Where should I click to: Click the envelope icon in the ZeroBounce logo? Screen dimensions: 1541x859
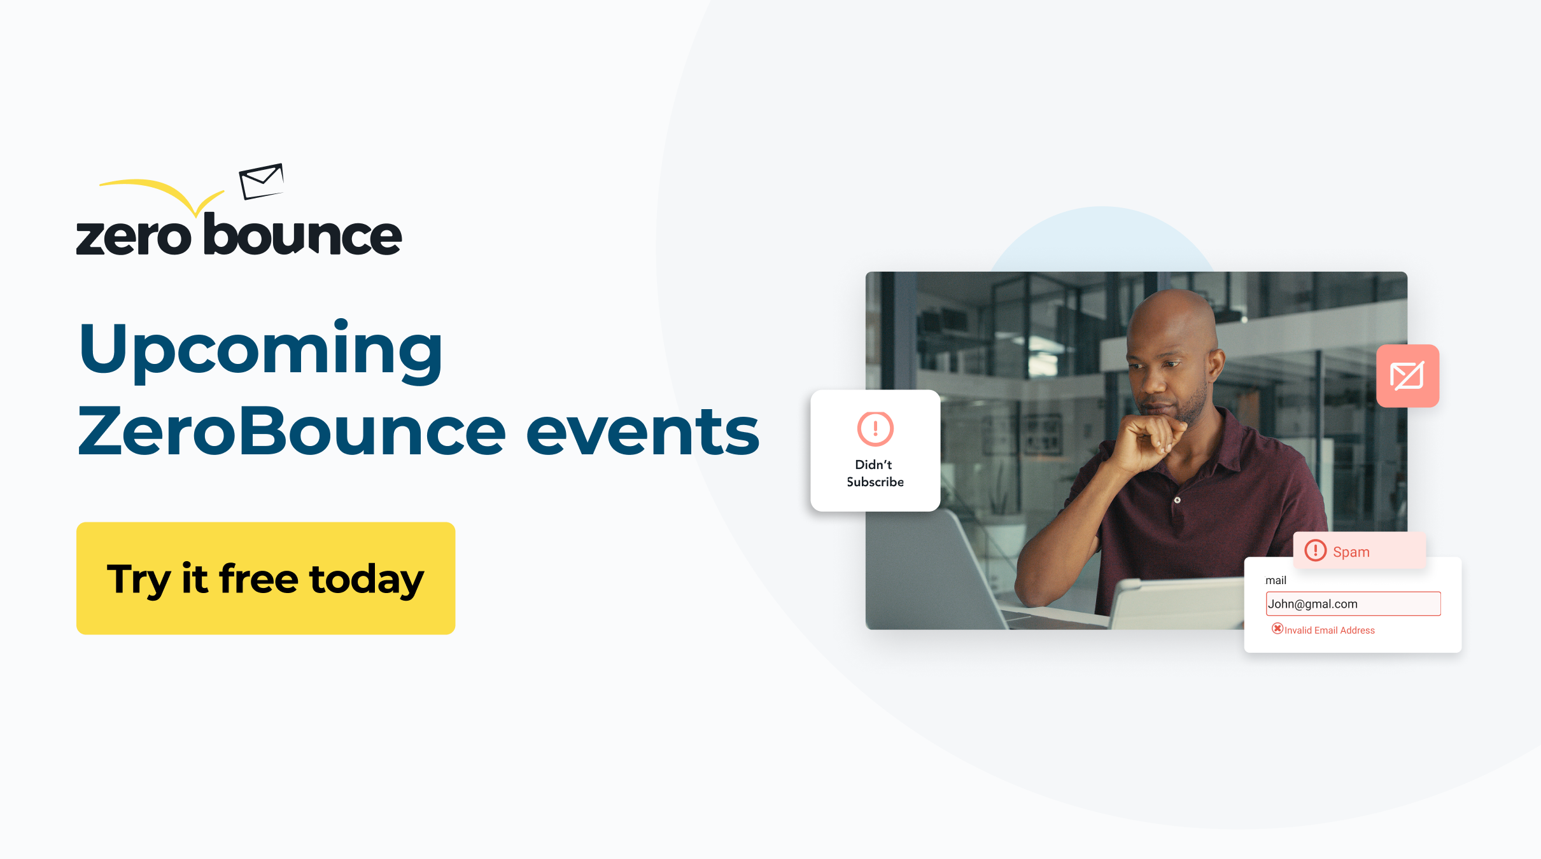pos(261,181)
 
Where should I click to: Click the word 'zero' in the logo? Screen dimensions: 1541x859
pos(134,237)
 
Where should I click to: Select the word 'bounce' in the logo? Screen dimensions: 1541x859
pos(303,234)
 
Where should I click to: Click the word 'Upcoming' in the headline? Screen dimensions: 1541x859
pos(260,352)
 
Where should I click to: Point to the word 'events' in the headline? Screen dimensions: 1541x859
pos(643,431)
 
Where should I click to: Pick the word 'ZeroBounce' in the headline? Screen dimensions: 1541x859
pos(292,431)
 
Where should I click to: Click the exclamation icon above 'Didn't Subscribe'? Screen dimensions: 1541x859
pos(875,428)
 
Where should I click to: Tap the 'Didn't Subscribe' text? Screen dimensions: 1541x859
pos(875,473)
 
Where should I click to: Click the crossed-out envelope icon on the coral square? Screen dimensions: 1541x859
pos(1407,376)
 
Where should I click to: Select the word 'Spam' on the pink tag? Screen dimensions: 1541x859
pos(1351,552)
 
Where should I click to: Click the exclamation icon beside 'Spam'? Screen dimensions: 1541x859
pos(1315,550)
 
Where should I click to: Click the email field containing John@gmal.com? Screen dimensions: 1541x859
pos(1353,604)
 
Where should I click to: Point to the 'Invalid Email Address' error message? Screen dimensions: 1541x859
pos(1330,631)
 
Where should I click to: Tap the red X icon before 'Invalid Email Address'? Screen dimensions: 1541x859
pos(1277,629)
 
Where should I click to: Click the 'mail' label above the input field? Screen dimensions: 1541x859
pos(1276,580)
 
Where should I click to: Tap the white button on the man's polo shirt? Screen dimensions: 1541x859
pos(1178,500)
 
